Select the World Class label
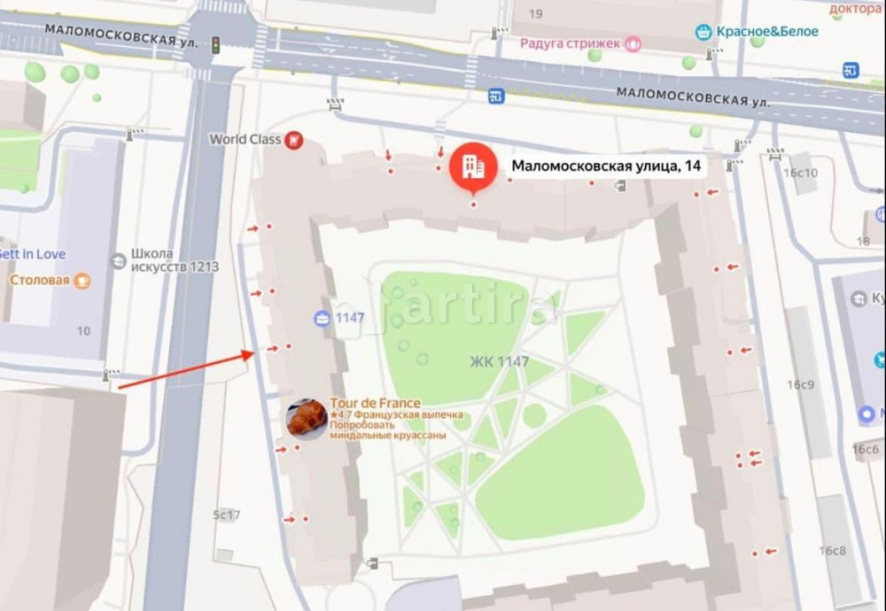coord(245,139)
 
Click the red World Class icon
coord(294,140)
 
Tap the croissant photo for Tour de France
coord(307,418)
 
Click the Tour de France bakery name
coord(375,403)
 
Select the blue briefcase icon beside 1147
coord(322,318)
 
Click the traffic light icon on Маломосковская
coord(214,44)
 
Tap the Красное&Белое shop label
coord(756,32)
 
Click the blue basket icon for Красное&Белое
coord(703,32)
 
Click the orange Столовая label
coord(40,281)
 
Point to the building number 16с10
coord(800,173)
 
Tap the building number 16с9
coord(800,384)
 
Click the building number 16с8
coord(832,551)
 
